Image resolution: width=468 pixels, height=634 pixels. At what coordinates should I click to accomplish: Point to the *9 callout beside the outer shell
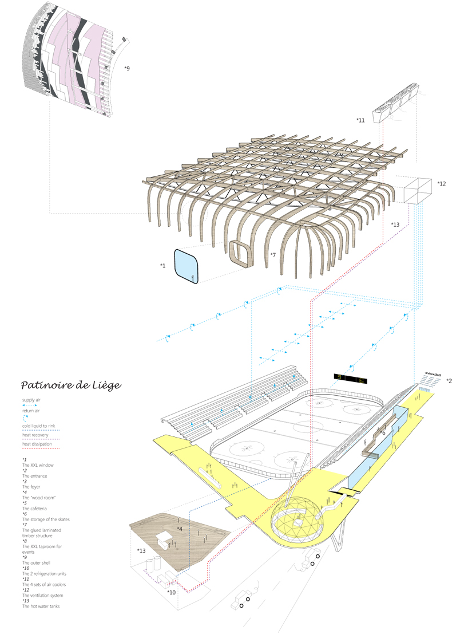[x=126, y=69]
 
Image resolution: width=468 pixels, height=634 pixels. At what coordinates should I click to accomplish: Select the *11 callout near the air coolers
[x=360, y=120]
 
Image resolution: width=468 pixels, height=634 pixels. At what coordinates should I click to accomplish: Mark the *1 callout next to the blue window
[x=163, y=266]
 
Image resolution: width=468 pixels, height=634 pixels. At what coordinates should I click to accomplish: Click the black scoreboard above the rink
[x=350, y=378]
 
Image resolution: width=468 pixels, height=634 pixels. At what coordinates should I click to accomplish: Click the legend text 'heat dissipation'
[x=37, y=444]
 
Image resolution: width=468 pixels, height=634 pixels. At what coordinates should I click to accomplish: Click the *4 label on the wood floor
[x=180, y=529]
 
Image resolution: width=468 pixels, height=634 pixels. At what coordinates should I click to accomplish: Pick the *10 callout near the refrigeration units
[x=171, y=592]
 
